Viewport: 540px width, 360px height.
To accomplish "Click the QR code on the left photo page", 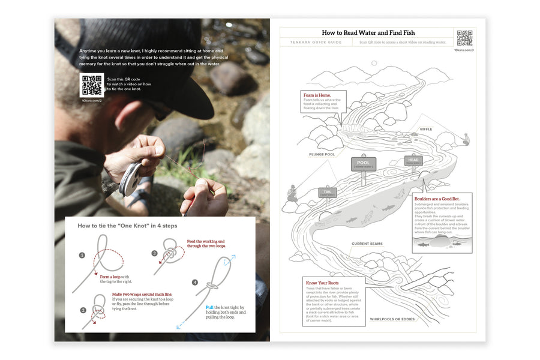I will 91,85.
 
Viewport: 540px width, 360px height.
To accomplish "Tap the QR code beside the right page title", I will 464,38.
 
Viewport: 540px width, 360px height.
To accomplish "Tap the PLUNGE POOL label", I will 322,154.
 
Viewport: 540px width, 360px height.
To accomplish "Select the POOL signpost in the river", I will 364,164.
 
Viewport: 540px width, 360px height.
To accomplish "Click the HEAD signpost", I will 413,160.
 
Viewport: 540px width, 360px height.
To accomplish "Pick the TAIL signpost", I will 327,193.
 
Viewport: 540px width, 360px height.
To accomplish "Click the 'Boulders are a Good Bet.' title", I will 441,197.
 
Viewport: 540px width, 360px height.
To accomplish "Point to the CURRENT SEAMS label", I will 367,244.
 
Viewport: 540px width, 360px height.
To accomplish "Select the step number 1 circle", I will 82,255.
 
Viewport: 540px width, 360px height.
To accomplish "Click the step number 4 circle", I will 194,282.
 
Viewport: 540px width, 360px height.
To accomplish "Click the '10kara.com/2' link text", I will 91,101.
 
